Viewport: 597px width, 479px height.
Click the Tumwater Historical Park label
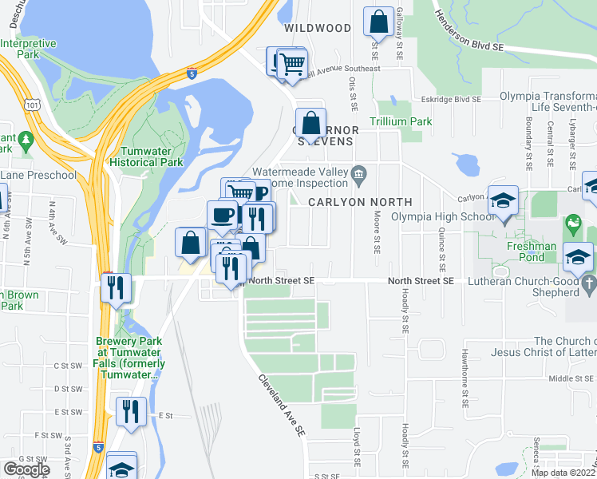[x=152, y=156]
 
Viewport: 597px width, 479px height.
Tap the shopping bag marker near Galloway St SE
[x=378, y=22]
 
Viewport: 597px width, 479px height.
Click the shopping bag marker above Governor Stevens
[x=310, y=125]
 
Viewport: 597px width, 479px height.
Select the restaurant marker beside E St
[x=131, y=412]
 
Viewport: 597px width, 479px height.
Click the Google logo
[x=26, y=469]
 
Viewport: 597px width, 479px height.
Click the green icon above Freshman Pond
[x=571, y=226]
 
